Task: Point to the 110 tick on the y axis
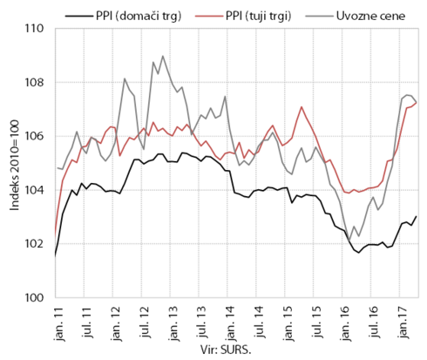[34, 29]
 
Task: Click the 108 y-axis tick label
[34, 83]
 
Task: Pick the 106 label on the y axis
[34, 136]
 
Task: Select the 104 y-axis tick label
[34, 190]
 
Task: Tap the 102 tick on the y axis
[34, 244]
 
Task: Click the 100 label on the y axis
[34, 298]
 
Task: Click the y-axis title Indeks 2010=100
[14, 165]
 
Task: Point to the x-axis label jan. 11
[59, 323]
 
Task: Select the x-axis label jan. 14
[232, 323]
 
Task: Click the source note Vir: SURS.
[226, 350]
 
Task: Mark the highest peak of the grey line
[163, 56]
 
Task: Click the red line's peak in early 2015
[302, 107]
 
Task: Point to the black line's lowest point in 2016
[359, 253]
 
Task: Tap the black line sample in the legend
[78, 16]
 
